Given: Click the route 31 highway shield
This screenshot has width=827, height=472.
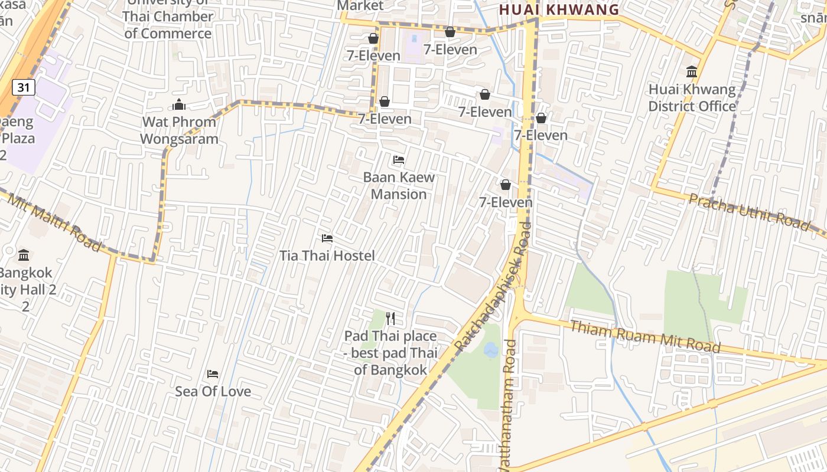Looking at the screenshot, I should [23, 88].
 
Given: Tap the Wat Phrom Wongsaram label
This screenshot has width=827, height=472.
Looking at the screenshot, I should [179, 130].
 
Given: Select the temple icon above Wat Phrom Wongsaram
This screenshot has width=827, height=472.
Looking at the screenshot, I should [179, 105].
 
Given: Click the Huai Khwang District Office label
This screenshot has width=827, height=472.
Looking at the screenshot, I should [692, 98].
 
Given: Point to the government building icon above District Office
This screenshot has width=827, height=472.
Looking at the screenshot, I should [692, 72].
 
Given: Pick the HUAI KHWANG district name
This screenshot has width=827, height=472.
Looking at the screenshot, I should [559, 9].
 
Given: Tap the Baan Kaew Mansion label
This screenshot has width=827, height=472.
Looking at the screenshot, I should [399, 185].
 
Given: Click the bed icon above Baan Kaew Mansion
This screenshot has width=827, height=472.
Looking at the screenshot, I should [399, 160].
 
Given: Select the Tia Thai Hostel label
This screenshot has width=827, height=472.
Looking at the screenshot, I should [327, 255].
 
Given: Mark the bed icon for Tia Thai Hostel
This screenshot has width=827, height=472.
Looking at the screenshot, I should [327, 238].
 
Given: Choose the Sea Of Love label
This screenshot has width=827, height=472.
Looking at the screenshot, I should [213, 391].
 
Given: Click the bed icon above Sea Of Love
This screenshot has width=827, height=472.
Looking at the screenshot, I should [213, 374].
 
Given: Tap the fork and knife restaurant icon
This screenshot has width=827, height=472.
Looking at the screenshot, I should [390, 319].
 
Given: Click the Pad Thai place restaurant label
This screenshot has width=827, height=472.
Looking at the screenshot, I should [390, 353].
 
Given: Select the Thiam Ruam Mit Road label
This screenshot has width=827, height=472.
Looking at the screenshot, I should [645, 336].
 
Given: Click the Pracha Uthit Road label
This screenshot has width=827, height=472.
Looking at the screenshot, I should [749, 212].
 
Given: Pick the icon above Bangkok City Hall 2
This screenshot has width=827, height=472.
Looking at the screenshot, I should [24, 255].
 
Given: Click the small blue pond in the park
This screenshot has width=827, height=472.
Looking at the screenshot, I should [490, 350].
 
